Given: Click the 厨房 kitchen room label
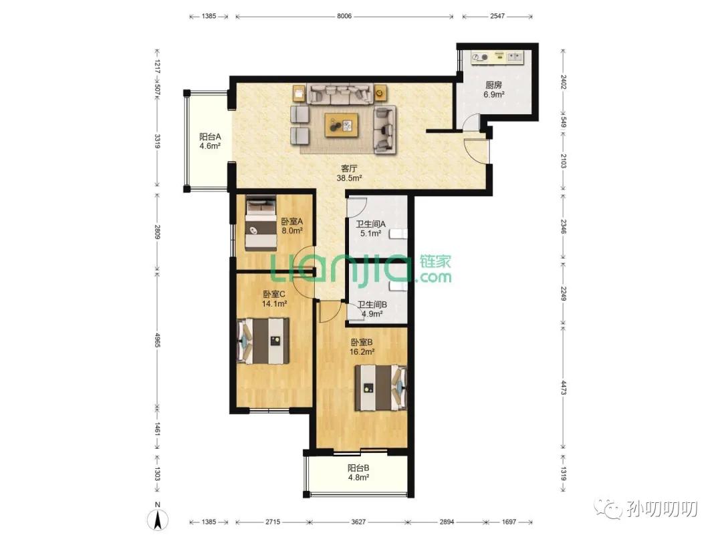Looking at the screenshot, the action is [493, 85].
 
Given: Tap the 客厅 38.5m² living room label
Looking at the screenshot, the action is [349, 173].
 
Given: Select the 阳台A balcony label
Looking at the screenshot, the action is [209, 137].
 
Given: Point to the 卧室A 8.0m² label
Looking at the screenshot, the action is [292, 226].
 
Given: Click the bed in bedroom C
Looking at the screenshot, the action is [263, 341].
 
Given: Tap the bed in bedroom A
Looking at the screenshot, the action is [260, 223].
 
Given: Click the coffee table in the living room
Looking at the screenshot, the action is [342, 125].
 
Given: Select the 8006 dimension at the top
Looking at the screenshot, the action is [344, 16].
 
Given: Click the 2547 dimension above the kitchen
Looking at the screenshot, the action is [497, 16].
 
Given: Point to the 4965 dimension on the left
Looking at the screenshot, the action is [158, 341].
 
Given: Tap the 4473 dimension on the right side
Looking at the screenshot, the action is [563, 387].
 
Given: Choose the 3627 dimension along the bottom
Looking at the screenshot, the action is [358, 522].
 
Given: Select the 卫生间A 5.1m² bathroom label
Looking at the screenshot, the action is [370, 228].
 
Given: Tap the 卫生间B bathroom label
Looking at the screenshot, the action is [372, 305].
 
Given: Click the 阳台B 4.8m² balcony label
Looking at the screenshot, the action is [358, 472].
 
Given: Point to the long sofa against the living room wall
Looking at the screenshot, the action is [340, 94].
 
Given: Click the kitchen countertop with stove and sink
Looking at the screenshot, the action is [497, 57].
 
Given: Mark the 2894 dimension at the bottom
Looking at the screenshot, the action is [447, 522].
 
